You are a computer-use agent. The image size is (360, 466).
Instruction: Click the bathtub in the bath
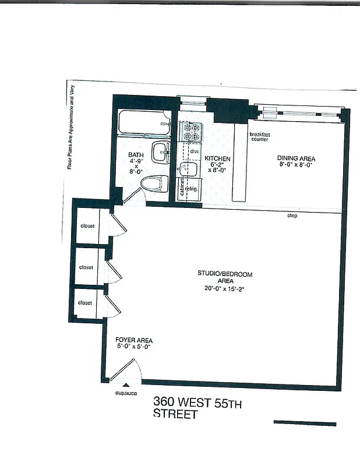143,123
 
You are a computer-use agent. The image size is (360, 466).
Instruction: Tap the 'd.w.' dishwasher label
195,151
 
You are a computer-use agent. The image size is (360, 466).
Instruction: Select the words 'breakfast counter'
260,137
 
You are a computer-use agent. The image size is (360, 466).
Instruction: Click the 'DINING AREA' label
297,158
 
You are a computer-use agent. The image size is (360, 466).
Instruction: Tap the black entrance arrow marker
125,385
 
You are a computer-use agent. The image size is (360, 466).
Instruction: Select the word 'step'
292,216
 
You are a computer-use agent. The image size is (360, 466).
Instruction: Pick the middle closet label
86,267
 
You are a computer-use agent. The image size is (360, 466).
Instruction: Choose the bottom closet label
85,303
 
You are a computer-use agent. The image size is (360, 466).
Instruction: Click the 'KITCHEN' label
218,159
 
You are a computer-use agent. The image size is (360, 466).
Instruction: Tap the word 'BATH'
136,155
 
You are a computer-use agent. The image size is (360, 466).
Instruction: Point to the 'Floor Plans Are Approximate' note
72,126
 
